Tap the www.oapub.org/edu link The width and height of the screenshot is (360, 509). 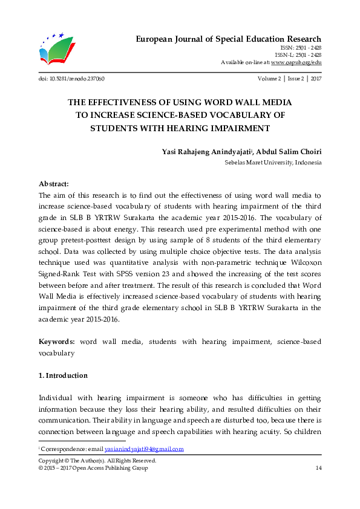click(x=296, y=62)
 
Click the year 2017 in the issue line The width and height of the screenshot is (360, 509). click(x=315, y=79)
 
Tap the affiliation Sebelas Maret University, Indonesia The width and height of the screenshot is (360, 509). click(x=273, y=163)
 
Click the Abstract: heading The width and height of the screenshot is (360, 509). click(x=54, y=184)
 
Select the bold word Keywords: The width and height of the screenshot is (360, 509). click(x=57, y=342)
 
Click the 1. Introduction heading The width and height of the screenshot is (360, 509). click(x=63, y=375)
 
